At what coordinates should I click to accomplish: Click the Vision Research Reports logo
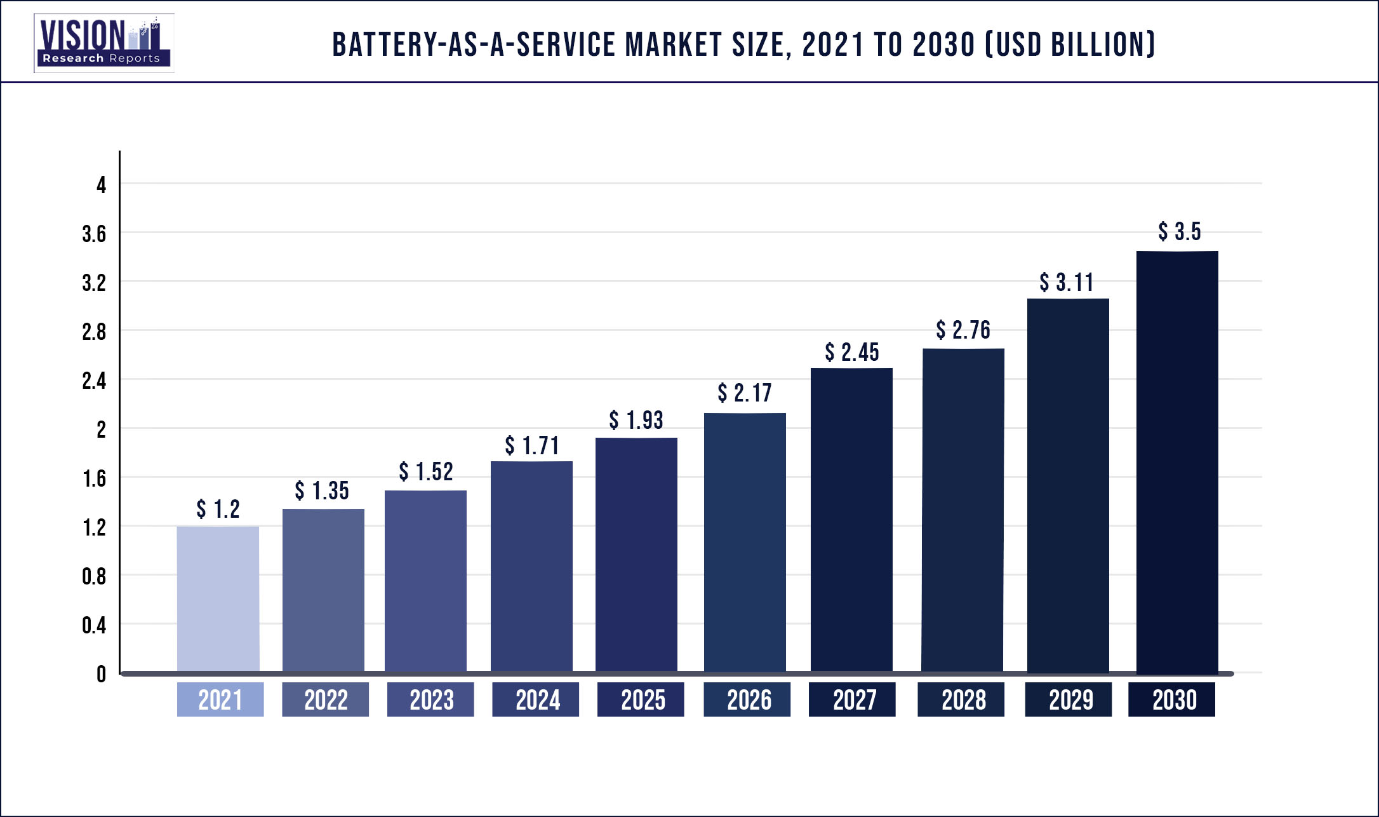103,43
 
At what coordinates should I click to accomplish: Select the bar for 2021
218,598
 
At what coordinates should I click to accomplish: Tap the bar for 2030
1177,462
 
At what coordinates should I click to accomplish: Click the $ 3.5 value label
1179,232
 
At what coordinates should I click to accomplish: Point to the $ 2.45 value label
851,352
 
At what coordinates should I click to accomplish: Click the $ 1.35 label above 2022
321,491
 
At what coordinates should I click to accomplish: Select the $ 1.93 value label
636,421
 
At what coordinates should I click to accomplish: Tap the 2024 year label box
536,699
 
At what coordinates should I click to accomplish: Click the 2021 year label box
220,699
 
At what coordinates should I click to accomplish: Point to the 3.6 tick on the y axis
94,234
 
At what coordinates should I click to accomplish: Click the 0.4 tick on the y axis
94,626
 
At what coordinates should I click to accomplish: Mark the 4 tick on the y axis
101,186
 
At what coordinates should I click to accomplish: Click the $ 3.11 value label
1066,283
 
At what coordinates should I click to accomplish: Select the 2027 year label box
852,699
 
